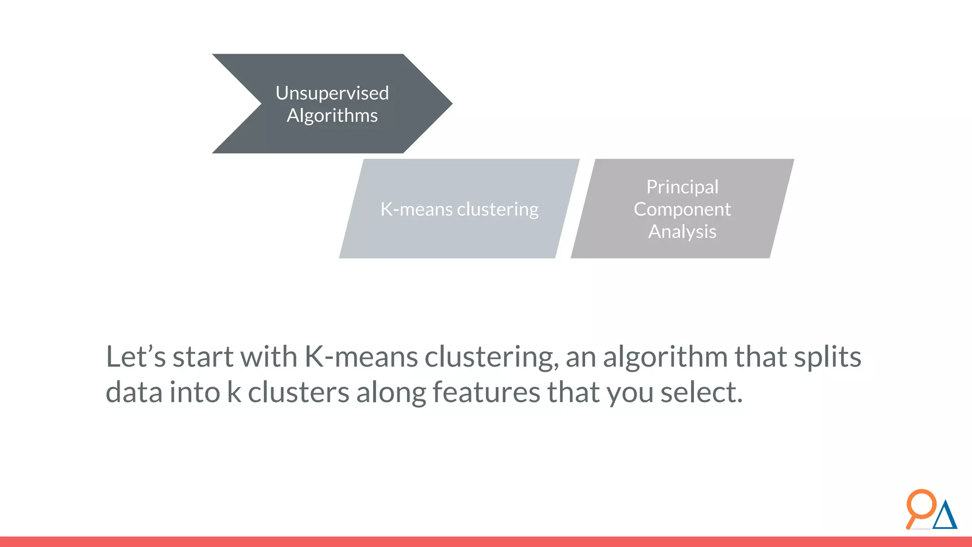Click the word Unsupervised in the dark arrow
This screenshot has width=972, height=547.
pos(332,93)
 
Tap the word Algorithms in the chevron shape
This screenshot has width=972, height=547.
pos(332,115)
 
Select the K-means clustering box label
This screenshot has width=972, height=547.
pos(459,209)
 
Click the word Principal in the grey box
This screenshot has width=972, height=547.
pos(682,187)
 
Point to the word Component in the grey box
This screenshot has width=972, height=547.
pos(682,209)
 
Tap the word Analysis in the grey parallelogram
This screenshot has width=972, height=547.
pos(682,232)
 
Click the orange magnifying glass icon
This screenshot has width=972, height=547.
pos(921,506)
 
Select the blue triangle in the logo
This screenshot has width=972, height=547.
pos(945,516)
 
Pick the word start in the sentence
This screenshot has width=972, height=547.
pos(203,357)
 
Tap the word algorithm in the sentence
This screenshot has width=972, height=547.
pos(665,357)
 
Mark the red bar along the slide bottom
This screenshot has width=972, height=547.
pos(486,542)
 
